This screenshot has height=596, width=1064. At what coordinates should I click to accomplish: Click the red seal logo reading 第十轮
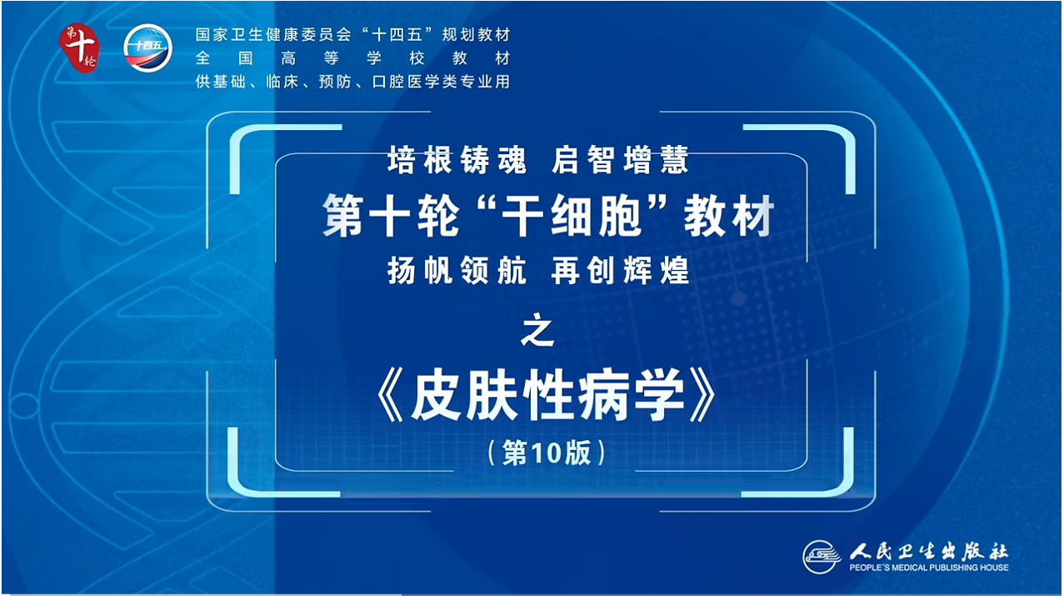(79, 48)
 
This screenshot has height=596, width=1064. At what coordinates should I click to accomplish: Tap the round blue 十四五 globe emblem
(147, 48)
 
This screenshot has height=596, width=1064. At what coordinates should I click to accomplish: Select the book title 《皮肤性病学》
(547, 395)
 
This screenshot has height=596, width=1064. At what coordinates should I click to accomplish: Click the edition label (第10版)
(547, 452)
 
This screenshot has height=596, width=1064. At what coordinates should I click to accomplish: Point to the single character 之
(537, 329)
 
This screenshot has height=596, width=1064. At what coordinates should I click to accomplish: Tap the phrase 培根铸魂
(457, 160)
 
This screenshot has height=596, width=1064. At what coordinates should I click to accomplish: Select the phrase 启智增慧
(620, 160)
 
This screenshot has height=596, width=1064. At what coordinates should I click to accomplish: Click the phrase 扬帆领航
(457, 270)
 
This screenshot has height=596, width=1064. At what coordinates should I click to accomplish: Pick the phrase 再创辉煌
(620, 270)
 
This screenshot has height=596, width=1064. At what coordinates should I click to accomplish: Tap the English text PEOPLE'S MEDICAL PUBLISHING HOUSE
(929, 568)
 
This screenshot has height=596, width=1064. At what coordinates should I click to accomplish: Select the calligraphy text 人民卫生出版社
(929, 551)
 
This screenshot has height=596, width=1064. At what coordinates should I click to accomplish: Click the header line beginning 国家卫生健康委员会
(353, 35)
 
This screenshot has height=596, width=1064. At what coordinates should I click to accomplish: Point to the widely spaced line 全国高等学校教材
(353, 58)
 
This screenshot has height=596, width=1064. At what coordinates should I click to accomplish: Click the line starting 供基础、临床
(353, 82)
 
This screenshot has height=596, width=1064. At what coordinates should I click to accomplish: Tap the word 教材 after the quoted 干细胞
(729, 215)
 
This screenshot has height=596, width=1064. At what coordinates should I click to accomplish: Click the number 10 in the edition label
(547, 453)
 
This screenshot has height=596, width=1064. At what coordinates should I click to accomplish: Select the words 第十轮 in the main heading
(391, 215)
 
